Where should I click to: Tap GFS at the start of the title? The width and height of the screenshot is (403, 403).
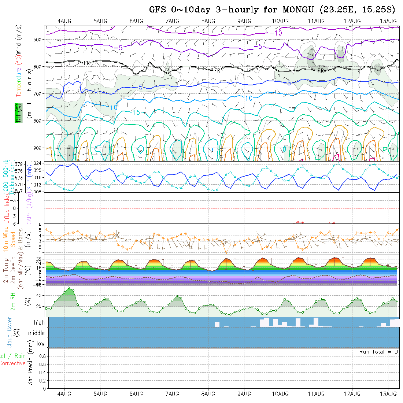point(158,10)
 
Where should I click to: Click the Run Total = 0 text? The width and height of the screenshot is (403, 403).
point(378,352)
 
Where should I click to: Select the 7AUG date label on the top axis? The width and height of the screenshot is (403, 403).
point(172,21)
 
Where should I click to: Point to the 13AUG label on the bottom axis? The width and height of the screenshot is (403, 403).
point(388,394)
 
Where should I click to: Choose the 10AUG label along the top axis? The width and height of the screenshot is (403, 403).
point(280,21)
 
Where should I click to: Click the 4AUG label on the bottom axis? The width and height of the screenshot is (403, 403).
point(64,394)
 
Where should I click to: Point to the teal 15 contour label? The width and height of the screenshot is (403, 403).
point(136,112)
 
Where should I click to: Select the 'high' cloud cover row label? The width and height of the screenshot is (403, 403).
point(39,323)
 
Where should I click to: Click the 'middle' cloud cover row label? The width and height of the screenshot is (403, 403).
point(37,333)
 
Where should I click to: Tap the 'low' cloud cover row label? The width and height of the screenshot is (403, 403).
point(40,344)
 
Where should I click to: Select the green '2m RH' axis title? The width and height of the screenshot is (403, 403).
point(13,301)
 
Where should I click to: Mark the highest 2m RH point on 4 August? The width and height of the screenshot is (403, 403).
point(69,288)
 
